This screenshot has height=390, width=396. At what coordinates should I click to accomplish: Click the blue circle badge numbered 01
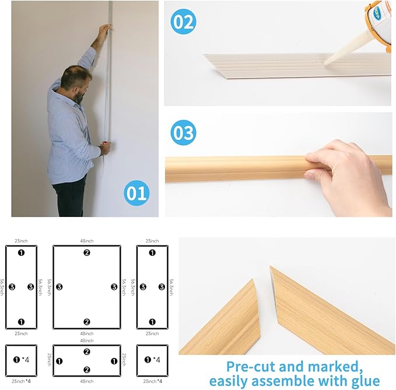(x=136, y=193)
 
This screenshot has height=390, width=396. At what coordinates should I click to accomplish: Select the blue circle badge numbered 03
(x=183, y=133)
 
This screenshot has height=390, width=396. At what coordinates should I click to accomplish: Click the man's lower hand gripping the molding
(x=105, y=149)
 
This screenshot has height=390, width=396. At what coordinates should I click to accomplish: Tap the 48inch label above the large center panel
(x=86, y=240)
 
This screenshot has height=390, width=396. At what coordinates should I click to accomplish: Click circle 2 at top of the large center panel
(x=86, y=252)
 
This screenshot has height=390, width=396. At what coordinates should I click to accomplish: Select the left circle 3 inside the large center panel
(x=59, y=287)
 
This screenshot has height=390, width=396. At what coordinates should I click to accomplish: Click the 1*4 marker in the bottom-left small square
(x=21, y=360)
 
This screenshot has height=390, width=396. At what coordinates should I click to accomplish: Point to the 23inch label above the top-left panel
(x=21, y=240)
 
